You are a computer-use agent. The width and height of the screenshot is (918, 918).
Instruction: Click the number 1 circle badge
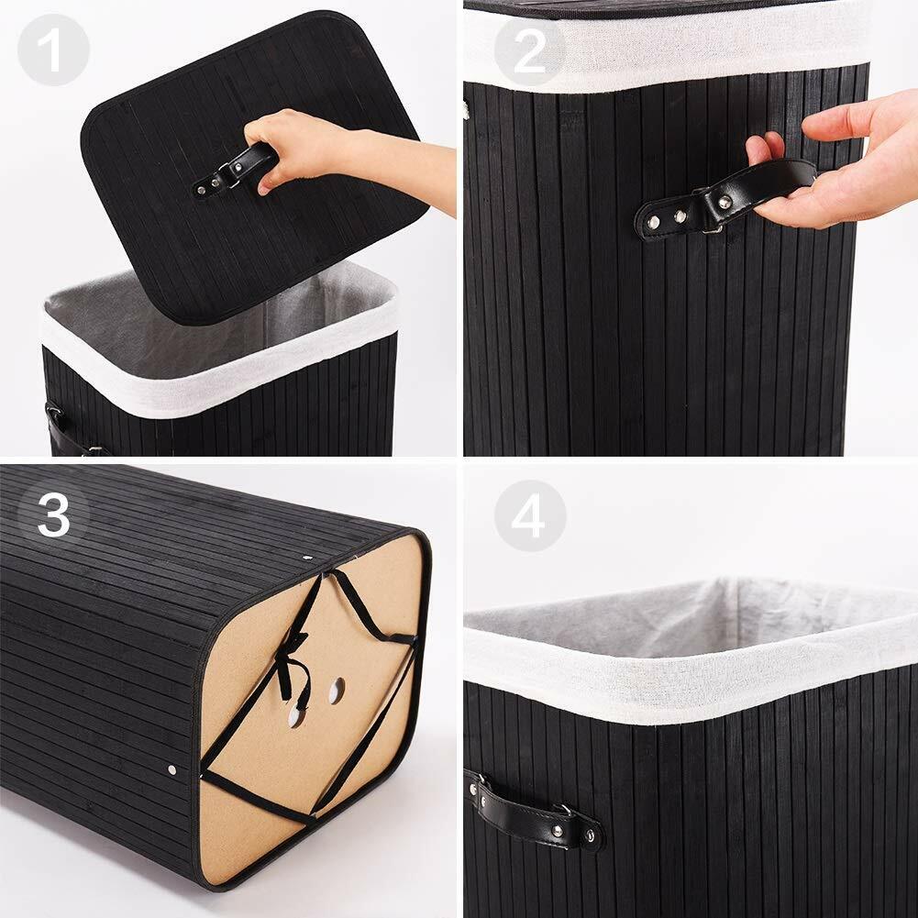[53, 50]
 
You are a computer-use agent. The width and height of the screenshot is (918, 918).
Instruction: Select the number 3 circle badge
[53, 515]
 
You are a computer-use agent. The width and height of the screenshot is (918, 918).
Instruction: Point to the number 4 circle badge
[530, 515]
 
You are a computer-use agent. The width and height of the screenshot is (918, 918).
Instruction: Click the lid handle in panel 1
[234, 171]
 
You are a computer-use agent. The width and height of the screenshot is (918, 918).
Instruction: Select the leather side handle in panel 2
[723, 199]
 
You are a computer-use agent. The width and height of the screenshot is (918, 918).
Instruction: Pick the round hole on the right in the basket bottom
[337, 691]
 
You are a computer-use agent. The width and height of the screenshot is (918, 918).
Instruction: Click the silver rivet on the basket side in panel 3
[171, 769]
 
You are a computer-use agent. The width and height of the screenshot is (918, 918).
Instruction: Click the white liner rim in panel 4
[691, 673]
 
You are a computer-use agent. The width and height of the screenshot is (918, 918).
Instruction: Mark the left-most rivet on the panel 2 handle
[653, 222]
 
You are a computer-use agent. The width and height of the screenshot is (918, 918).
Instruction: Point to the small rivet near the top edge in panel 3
[307, 558]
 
